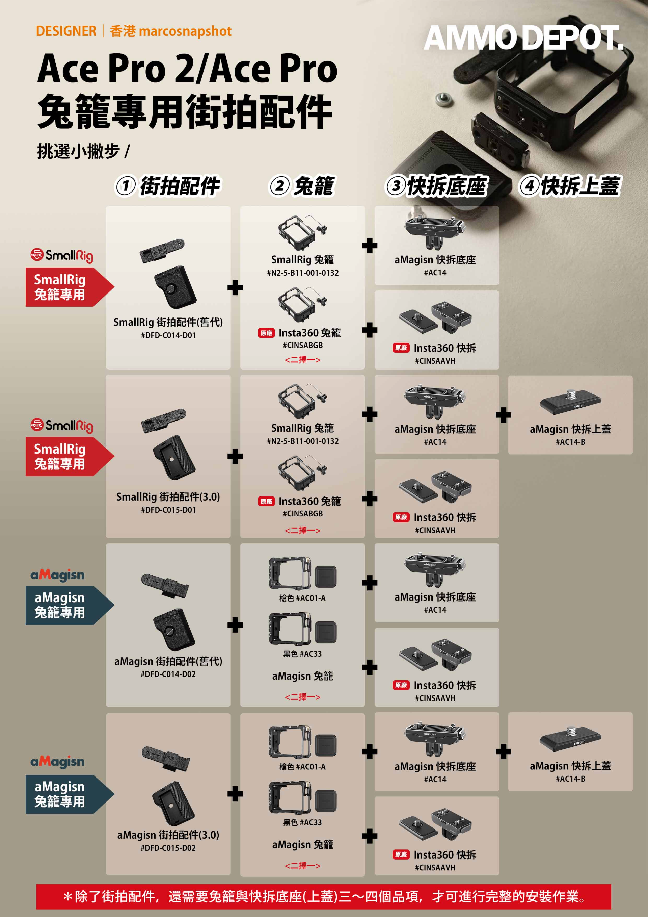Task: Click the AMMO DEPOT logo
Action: [x=523, y=37]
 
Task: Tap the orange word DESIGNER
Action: [x=66, y=31]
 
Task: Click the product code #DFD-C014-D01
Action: [x=168, y=335]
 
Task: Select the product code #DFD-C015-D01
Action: [x=168, y=510]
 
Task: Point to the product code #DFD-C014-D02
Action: [x=168, y=674]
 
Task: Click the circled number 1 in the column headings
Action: [x=125, y=186]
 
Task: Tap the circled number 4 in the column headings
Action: [x=529, y=186]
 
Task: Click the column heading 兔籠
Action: [x=314, y=186]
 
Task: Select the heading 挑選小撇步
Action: [x=79, y=151]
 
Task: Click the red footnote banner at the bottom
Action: [x=324, y=897]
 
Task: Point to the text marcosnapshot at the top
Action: [x=185, y=31]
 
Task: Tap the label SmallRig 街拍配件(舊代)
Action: [x=168, y=322]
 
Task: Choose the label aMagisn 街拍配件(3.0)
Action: [x=168, y=835]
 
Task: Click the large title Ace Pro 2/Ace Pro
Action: [x=188, y=68]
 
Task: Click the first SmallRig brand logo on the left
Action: [x=62, y=256]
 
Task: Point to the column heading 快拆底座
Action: [x=448, y=186]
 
